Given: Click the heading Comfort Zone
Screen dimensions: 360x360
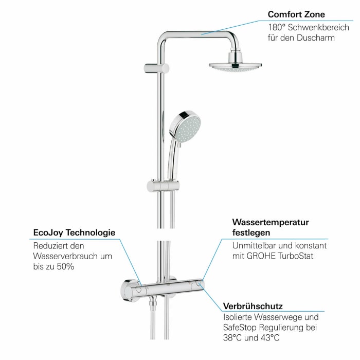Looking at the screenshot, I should pyautogui.click(x=296, y=14).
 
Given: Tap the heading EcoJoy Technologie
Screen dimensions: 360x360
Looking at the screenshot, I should pyautogui.click(x=74, y=233).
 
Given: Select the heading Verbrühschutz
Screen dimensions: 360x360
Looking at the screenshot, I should pyautogui.click(x=253, y=306).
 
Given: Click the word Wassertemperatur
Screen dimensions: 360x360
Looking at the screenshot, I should pyautogui.click(x=271, y=223).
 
